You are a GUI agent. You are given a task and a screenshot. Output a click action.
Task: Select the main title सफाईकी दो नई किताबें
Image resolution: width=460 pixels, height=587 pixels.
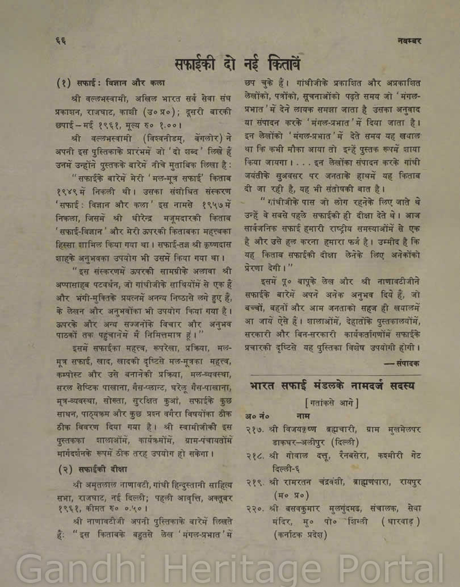click(238, 61)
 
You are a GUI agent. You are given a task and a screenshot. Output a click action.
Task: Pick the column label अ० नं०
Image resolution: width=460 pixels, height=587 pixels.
click(257, 417)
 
